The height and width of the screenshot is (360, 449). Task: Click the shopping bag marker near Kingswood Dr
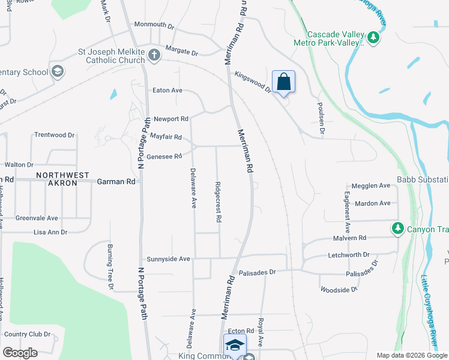(283, 82)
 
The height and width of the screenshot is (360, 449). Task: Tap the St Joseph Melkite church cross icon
(154, 56)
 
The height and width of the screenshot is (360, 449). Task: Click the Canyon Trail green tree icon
(397, 228)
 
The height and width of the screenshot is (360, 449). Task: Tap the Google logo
(20, 353)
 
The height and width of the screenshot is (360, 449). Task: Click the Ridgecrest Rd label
(218, 203)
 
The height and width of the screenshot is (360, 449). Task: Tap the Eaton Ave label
(167, 91)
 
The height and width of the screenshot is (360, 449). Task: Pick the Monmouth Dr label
(154, 26)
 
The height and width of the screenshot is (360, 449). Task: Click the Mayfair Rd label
(166, 137)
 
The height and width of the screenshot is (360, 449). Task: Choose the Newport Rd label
(171, 119)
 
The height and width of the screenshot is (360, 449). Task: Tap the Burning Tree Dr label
(110, 267)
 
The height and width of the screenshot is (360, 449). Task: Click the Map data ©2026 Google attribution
(411, 355)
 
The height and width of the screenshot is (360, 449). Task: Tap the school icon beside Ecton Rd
(235, 346)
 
